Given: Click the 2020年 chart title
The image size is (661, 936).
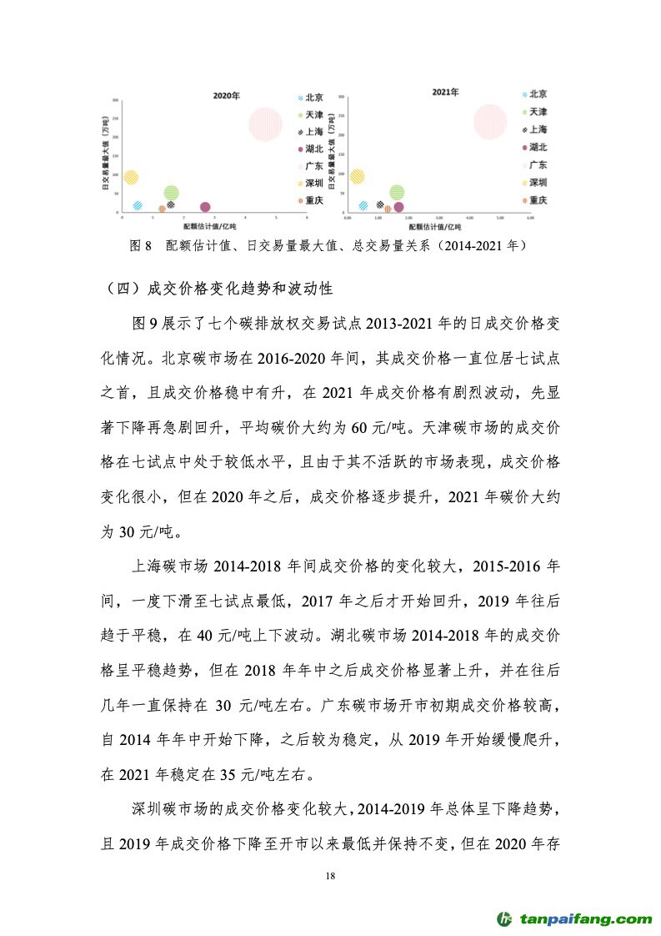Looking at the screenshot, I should (x=226, y=97).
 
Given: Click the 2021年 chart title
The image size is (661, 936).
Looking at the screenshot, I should (x=445, y=92).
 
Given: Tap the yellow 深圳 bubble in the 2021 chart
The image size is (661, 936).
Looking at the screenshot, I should (x=357, y=176).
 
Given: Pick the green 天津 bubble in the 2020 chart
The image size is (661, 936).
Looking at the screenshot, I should (x=171, y=193).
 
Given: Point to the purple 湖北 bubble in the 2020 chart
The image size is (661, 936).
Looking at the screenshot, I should (x=205, y=207).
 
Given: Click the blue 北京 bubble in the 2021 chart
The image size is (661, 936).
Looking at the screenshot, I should (x=363, y=205).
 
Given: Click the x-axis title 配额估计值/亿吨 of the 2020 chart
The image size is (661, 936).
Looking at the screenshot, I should (x=210, y=227).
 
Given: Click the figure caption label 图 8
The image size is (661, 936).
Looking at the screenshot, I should (x=140, y=246).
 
